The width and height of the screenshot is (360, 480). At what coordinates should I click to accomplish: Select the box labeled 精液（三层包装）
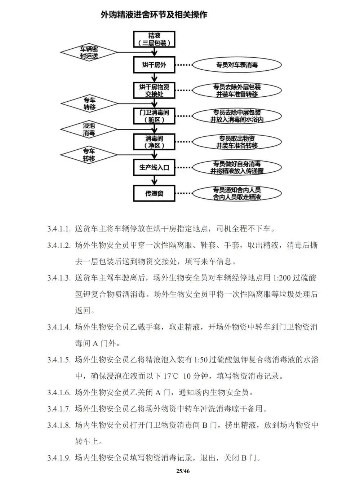click(x=154, y=39)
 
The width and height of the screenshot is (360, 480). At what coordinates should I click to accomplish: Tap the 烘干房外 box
click(x=154, y=65)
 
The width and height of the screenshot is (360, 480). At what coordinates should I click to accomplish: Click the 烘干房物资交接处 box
click(x=154, y=91)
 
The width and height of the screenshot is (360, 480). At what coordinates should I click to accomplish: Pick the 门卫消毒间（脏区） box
click(x=154, y=116)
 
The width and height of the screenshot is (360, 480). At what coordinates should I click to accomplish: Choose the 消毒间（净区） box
click(x=154, y=142)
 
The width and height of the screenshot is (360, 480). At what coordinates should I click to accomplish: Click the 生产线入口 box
click(x=154, y=167)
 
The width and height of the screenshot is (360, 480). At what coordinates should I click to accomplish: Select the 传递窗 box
click(x=154, y=193)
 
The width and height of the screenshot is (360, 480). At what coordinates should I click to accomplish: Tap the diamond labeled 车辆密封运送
click(x=89, y=53)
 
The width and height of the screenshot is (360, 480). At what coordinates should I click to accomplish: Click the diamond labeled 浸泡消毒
click(x=89, y=129)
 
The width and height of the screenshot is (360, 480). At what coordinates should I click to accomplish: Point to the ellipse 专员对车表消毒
click(x=237, y=65)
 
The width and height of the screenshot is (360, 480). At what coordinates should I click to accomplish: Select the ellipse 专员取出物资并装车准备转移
click(x=237, y=142)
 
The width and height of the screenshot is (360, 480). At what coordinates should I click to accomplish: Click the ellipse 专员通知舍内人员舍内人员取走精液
click(x=237, y=193)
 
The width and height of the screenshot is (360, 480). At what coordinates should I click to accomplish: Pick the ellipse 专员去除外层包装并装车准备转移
click(x=237, y=91)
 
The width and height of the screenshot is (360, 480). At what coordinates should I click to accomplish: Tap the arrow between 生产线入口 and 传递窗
click(x=155, y=180)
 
